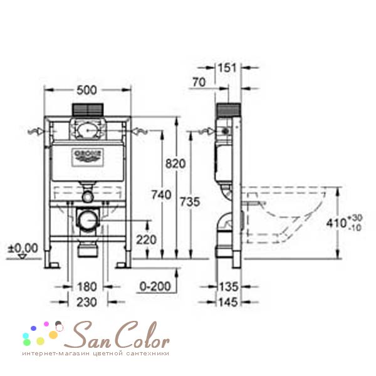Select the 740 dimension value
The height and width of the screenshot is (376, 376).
point(162,195)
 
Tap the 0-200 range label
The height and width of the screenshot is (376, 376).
point(153,287)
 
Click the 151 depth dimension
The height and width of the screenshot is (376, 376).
point(226,68)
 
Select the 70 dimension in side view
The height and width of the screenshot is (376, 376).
point(200,81)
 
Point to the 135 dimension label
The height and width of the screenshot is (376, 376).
point(228,288)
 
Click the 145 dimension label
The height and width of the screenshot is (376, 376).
point(228,301)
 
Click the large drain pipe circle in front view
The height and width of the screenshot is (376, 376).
point(88,220)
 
